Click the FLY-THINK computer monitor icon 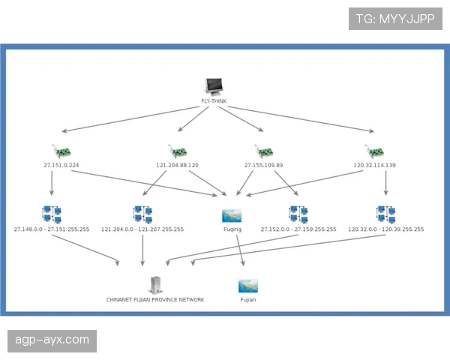214,87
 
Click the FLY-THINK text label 214,101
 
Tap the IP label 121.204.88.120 177,165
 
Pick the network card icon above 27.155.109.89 263,151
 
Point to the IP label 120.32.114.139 374,165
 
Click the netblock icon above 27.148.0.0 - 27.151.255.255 52,215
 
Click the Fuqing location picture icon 232,215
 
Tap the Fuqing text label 232,229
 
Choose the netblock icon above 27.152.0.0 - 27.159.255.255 298,215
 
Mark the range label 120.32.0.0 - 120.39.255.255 385,229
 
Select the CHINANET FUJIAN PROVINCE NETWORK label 155,299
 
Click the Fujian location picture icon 248,286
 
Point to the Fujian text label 248,299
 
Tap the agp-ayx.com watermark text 52,340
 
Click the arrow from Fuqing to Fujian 240,251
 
